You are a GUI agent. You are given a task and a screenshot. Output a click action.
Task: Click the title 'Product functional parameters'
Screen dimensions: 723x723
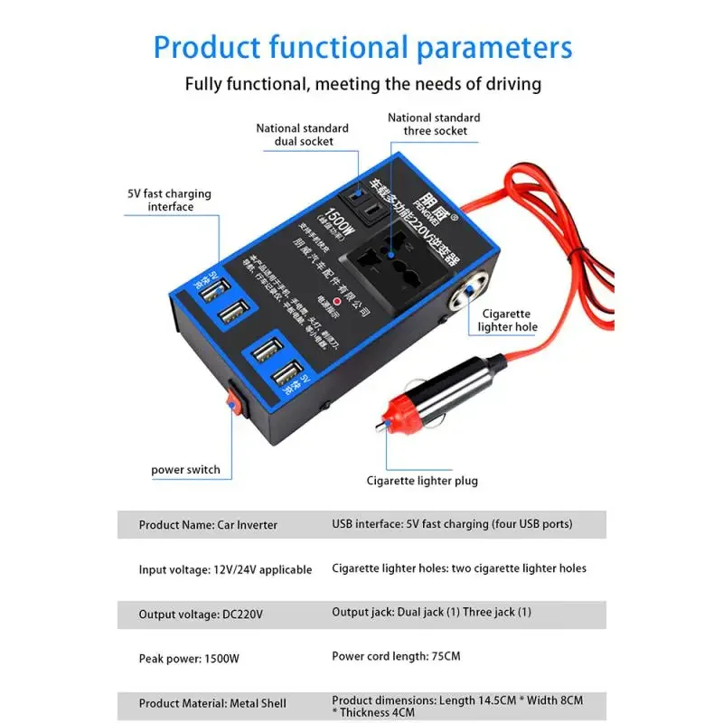pyautogui.click(x=361, y=47)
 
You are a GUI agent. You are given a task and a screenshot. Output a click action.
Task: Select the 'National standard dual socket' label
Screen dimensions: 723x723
pyautogui.click(x=302, y=135)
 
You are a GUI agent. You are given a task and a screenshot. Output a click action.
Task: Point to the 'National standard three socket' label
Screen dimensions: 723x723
pyautogui.click(x=434, y=124)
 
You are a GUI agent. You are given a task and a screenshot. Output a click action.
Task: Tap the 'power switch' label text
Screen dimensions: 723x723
pyautogui.click(x=185, y=470)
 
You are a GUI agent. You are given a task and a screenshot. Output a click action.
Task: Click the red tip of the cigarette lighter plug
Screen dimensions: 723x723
pyautogui.click(x=387, y=418)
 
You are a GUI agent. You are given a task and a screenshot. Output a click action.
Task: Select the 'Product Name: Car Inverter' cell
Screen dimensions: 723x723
pyautogui.click(x=208, y=524)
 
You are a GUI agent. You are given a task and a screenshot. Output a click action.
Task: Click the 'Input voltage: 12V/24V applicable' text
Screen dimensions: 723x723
pyautogui.click(x=225, y=569)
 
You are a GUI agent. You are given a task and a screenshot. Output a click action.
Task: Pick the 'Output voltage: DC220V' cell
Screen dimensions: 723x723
pyautogui.click(x=201, y=615)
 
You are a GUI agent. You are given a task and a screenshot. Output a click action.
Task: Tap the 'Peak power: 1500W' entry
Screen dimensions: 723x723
pyautogui.click(x=189, y=659)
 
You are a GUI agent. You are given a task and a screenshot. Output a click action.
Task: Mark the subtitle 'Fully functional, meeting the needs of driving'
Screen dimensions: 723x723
pyautogui.click(x=362, y=84)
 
